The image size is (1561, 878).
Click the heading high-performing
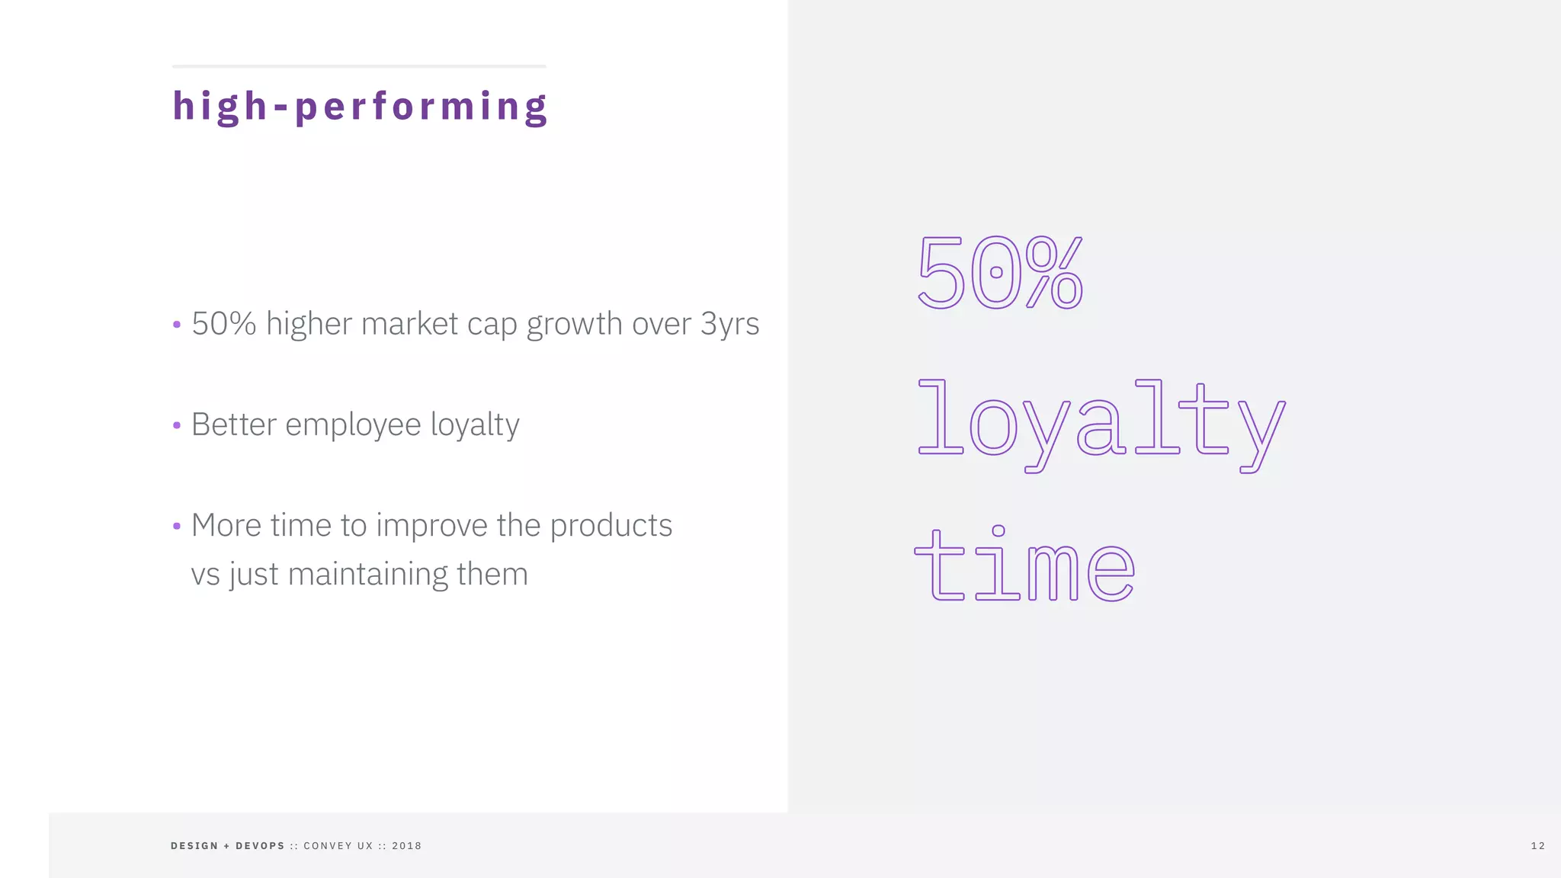coord(359,107)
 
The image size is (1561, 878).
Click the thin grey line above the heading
coord(359,66)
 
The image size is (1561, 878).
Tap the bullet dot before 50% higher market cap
coord(177,325)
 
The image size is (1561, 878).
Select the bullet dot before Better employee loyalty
coord(177,425)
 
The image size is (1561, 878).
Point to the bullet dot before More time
coord(177,526)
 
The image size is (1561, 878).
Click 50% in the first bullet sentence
coord(223,324)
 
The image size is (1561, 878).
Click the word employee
coord(353,425)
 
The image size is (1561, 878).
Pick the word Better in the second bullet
coord(233,425)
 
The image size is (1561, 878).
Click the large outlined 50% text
coord(999,272)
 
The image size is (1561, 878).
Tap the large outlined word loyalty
coord(1100,423)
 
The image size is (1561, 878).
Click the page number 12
coord(1537,846)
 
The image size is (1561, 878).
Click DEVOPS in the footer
coord(260,846)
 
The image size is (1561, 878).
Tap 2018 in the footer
coord(406,846)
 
